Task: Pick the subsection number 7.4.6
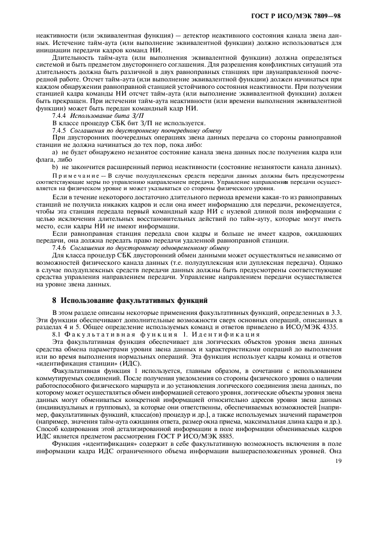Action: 60,248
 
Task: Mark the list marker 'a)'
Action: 55,152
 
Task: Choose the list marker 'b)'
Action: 55,167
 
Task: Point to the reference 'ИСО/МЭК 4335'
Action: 318,327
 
